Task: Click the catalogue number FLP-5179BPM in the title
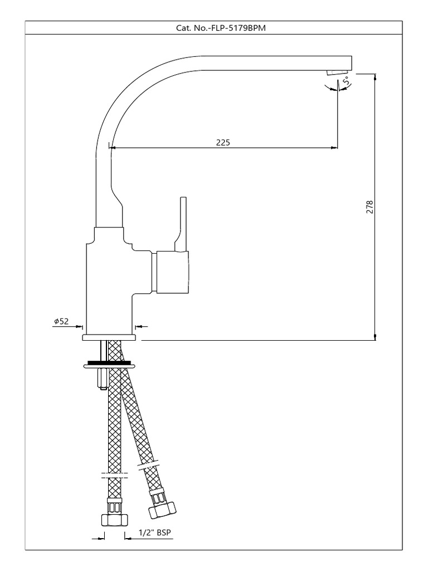tap(239, 28)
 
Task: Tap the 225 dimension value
tap(223, 142)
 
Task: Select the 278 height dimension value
tap(370, 207)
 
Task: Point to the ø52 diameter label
tap(61, 321)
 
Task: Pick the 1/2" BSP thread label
tap(155, 533)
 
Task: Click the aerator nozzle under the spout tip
tap(335, 72)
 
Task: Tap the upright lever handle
tap(181, 224)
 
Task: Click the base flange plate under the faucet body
tap(109, 337)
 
